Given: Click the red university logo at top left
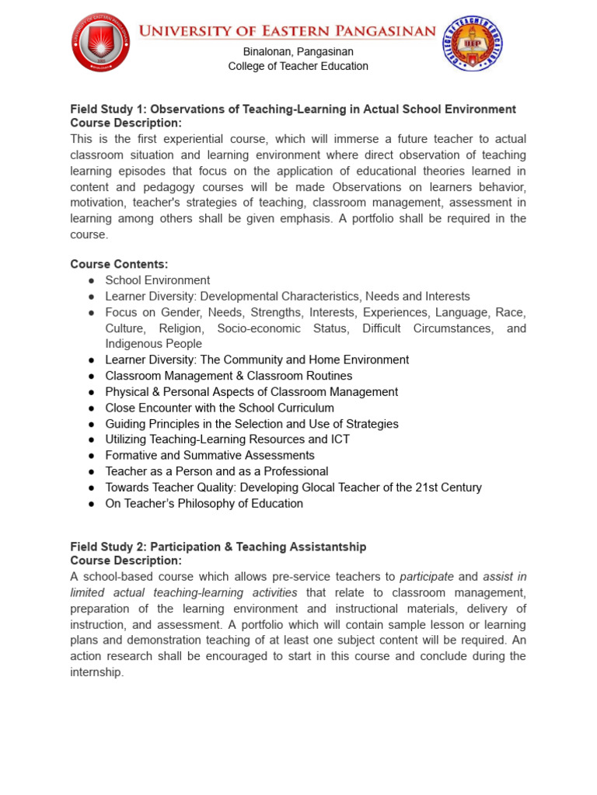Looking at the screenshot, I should click(x=100, y=43).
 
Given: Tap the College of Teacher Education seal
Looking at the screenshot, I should click(x=473, y=44).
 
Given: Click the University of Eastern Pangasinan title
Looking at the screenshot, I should click(x=287, y=31).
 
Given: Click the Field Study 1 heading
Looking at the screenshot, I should click(x=293, y=109).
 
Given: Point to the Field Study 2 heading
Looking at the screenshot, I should click(x=218, y=547).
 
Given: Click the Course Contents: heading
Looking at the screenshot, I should click(x=119, y=265).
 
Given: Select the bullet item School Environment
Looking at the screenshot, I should click(x=157, y=280).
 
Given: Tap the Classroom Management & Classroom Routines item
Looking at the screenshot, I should click(x=229, y=376).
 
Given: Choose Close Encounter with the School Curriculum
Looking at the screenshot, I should click(x=219, y=408).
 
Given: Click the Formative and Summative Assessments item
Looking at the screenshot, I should click(x=210, y=456).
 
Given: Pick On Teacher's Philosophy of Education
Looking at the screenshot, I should click(x=204, y=504).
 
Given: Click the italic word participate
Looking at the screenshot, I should click(x=427, y=577).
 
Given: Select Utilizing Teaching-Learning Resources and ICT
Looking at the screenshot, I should click(x=227, y=439).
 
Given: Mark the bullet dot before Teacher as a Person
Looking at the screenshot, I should click(x=92, y=472).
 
